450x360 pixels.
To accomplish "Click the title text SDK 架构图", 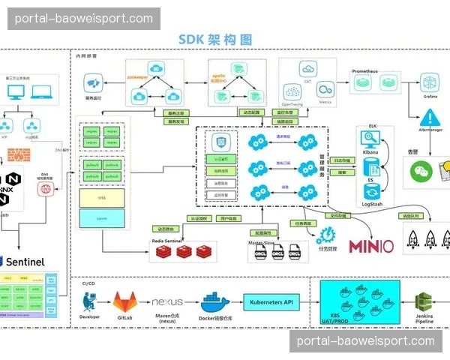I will click(x=214, y=40).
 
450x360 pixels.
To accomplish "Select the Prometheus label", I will click(x=365, y=71).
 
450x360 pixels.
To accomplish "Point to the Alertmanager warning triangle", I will click(x=430, y=118).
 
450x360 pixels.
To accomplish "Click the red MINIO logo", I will click(x=370, y=245).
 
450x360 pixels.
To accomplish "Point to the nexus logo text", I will click(x=167, y=301).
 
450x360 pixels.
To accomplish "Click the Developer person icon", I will click(x=89, y=301).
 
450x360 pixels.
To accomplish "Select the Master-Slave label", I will click(x=263, y=243).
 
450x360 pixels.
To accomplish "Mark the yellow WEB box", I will click(x=101, y=198).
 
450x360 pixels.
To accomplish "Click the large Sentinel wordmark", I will click(x=25, y=262).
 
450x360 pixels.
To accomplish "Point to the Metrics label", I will click(x=325, y=101).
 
